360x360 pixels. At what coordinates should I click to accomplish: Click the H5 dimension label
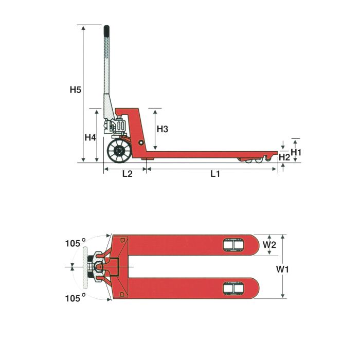pyautogui.click(x=76, y=89)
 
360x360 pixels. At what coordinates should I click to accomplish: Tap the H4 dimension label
pyautogui.click(x=90, y=137)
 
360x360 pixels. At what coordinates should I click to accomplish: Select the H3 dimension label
pyautogui.click(x=163, y=129)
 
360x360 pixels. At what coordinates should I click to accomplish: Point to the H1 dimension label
pyautogui.click(x=296, y=152)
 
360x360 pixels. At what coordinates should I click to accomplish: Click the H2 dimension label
pyautogui.click(x=284, y=157)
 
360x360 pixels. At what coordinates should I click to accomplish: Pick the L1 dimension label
pyautogui.click(x=215, y=174)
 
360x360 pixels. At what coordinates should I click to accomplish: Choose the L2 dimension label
pyautogui.click(x=128, y=174)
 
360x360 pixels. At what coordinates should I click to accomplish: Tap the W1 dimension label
pyautogui.click(x=282, y=269)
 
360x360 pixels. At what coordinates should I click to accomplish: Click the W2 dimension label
pyautogui.click(x=269, y=245)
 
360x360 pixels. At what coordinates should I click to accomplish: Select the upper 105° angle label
pyautogui.click(x=76, y=243)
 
